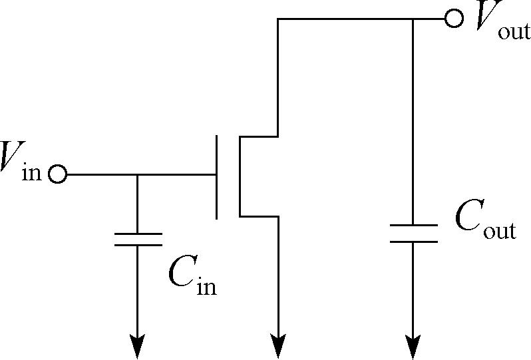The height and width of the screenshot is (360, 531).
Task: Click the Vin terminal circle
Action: tap(58, 174)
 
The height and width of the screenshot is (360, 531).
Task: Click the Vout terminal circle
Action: tap(453, 18)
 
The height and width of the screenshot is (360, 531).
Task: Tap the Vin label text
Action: tap(21, 161)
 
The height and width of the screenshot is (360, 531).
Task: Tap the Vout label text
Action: tap(502, 21)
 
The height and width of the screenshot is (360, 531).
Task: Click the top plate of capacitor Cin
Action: tap(138, 234)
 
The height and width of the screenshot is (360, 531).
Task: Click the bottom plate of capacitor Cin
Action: tap(138, 245)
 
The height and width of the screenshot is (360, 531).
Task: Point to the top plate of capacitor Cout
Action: tap(413, 225)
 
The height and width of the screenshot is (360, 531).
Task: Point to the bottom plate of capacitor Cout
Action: tap(413, 242)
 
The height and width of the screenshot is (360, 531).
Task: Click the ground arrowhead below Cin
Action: tap(137, 346)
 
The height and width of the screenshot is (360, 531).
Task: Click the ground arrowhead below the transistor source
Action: tap(278, 346)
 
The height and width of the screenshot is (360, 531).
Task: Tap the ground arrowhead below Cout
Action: tap(413, 346)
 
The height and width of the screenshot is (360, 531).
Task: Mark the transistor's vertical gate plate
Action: tap(216, 177)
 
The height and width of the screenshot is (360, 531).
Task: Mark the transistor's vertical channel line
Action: tap(240, 176)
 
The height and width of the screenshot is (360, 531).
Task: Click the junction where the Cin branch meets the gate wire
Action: tap(137, 175)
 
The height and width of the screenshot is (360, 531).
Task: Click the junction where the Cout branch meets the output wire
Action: tap(413, 19)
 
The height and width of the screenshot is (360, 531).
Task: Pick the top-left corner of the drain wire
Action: tap(278, 19)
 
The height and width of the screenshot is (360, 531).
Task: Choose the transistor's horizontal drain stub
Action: tap(259, 136)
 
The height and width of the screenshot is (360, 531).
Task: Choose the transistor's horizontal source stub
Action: tap(259, 216)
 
